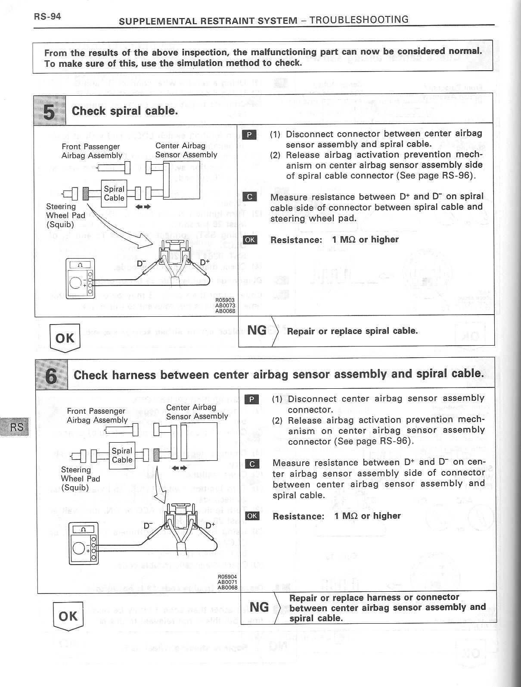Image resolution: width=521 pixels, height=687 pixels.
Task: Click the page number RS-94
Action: (47, 17)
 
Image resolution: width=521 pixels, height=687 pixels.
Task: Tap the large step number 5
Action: (50, 111)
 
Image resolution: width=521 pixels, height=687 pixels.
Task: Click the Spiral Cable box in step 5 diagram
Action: (114, 194)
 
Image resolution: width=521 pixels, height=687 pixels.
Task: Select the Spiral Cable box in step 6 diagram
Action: (122, 455)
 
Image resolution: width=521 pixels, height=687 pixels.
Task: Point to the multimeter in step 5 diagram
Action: (79, 278)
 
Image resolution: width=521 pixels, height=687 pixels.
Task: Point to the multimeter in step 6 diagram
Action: (84, 544)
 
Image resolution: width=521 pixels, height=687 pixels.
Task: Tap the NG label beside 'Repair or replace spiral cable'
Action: (257, 330)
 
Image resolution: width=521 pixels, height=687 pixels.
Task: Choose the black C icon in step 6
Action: (252, 464)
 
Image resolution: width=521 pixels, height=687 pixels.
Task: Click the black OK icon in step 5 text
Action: (250, 240)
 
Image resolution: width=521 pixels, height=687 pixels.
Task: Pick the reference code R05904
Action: (227, 577)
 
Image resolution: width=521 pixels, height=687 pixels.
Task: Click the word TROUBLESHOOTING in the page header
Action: (359, 19)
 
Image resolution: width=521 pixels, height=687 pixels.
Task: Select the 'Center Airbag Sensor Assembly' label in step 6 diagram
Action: (197, 412)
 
